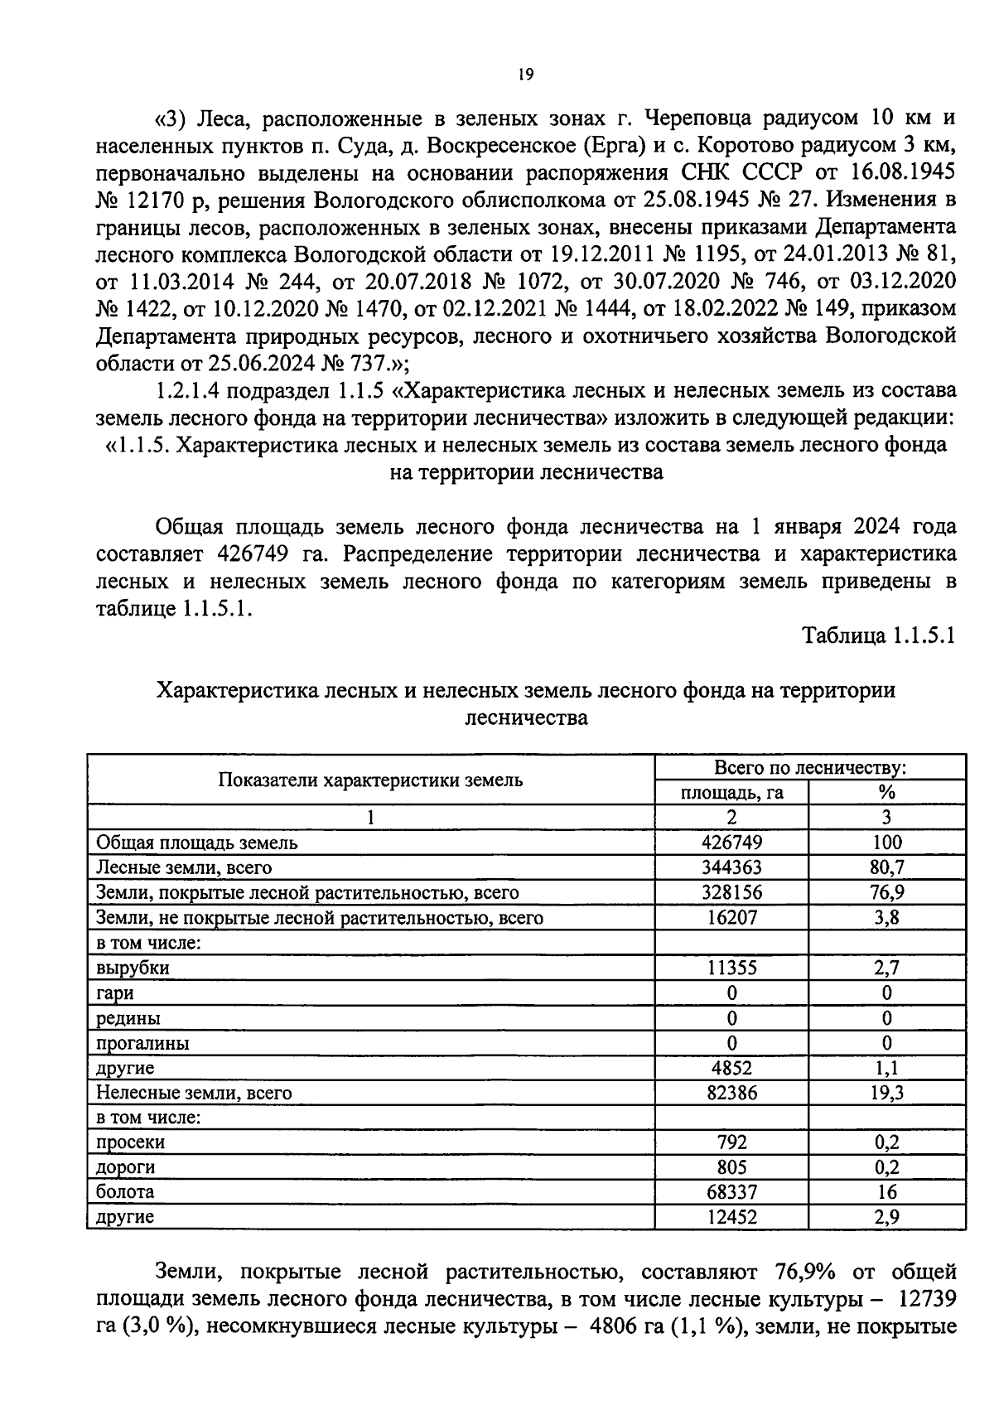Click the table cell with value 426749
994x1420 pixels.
(731, 843)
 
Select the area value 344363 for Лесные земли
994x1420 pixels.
(731, 867)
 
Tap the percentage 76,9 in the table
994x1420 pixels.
(886, 892)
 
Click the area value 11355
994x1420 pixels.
(731, 968)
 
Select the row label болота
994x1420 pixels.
(125, 1191)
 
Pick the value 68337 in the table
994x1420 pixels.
(731, 1192)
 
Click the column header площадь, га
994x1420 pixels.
(731, 793)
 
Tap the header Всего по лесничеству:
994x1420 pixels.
(810, 767)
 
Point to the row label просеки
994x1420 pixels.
(130, 1142)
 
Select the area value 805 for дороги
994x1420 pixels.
(731, 1167)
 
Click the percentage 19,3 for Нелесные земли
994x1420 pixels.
(886, 1093)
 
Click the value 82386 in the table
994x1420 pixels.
(731, 1093)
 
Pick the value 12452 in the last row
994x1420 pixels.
(731, 1217)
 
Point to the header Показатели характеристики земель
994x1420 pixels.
(370, 780)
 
